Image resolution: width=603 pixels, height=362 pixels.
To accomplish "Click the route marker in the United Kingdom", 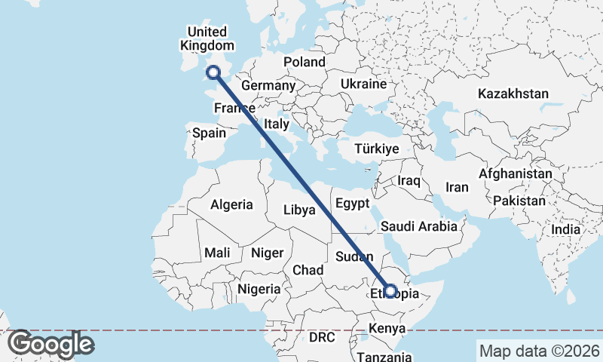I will pyautogui.click(x=213, y=72).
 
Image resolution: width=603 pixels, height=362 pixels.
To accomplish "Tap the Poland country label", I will pyautogui.click(x=304, y=62).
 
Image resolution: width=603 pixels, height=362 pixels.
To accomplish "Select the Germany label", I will pyautogui.click(x=268, y=85).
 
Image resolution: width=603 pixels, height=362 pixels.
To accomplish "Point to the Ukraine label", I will pyautogui.click(x=364, y=83).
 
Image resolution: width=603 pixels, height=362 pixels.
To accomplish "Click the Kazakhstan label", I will pyautogui.click(x=513, y=94).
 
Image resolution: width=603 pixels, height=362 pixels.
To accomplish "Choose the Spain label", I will pyautogui.click(x=209, y=133).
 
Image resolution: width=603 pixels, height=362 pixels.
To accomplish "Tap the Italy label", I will pyautogui.click(x=277, y=123).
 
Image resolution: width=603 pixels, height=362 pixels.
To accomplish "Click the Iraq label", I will pyautogui.click(x=409, y=181).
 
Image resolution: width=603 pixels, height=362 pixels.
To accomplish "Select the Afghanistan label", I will pyautogui.click(x=516, y=173).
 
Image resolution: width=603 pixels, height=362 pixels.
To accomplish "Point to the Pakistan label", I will pyautogui.click(x=520, y=201).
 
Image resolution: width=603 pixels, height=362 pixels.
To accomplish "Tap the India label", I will pyautogui.click(x=565, y=229).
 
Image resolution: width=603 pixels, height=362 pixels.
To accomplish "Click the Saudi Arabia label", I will pyautogui.click(x=419, y=225).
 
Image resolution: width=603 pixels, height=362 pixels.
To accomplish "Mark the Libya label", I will pyautogui.click(x=299, y=210).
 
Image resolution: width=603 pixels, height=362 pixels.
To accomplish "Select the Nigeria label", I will pyautogui.click(x=259, y=288).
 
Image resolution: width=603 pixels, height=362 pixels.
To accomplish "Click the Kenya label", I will pyautogui.click(x=387, y=329).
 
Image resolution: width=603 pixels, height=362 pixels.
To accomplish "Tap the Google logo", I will pyautogui.click(x=51, y=344).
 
